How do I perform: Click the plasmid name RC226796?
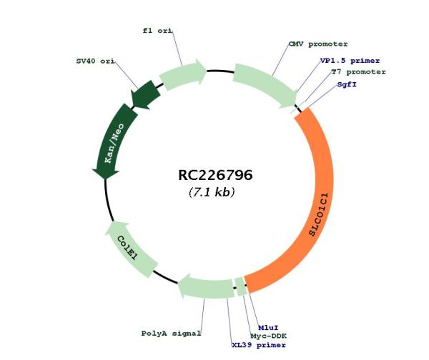215,175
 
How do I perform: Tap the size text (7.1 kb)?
212,192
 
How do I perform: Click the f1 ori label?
158,31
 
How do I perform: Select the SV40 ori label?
95,61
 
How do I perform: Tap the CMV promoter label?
318,44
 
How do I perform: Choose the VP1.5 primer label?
350,61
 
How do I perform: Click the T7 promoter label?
358,72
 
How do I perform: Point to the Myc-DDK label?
269,335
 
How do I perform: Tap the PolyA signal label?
171,333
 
